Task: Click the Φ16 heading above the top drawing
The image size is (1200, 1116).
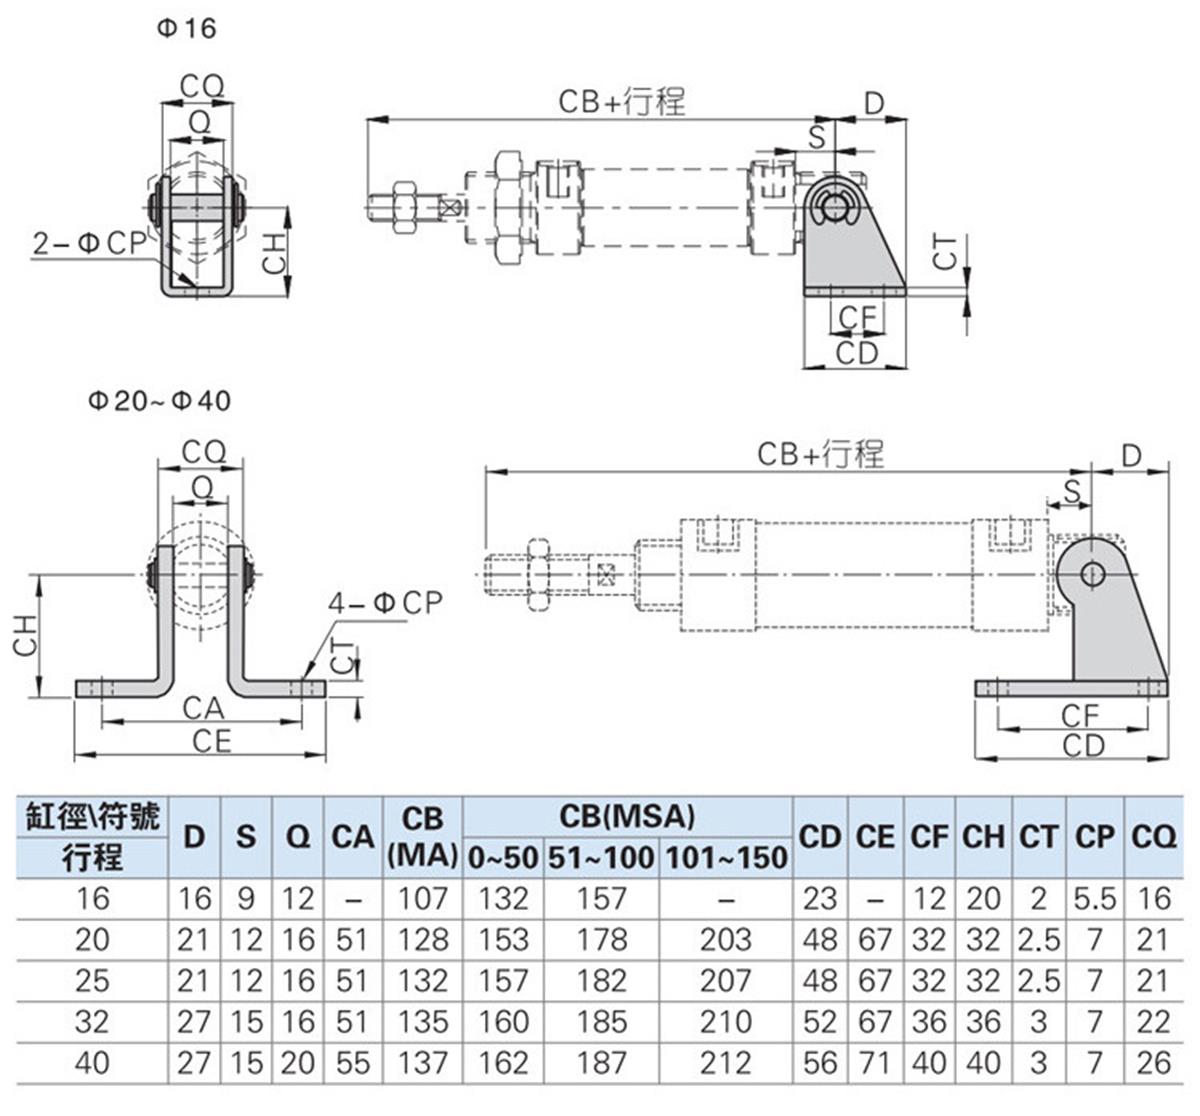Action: tap(186, 27)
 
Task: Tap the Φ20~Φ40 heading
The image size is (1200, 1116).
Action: tap(159, 400)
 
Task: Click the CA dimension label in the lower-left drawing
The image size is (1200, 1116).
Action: tap(203, 708)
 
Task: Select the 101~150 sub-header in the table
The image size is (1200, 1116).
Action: tap(726, 857)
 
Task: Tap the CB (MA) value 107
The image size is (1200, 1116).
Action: tap(422, 898)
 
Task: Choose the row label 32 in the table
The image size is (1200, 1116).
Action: tap(92, 1021)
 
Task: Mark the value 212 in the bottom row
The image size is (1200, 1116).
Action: tap(726, 1062)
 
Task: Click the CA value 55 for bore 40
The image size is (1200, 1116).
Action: tap(352, 1062)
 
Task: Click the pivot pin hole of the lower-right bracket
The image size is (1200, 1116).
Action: tap(1094, 573)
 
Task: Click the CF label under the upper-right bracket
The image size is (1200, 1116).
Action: tap(857, 319)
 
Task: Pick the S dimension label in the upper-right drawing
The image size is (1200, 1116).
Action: tap(817, 137)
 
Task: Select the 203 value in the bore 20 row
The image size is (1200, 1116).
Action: tap(726, 939)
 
